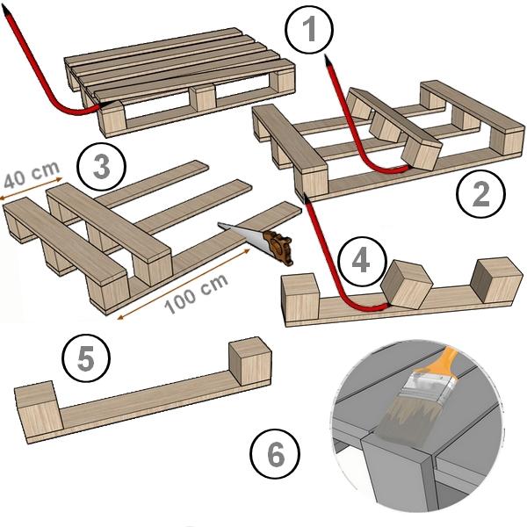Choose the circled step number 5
[x=85, y=359]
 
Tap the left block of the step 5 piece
[x=36, y=408]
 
